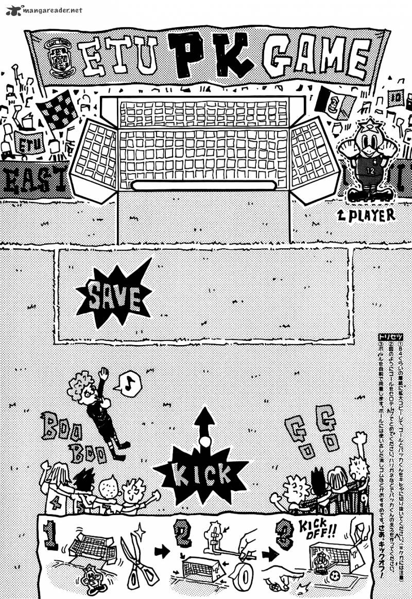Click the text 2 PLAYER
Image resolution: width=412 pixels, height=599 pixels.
366,215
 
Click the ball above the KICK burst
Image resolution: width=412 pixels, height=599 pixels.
205,441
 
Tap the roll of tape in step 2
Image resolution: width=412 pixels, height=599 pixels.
243,573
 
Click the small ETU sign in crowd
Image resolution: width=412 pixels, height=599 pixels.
29,142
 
